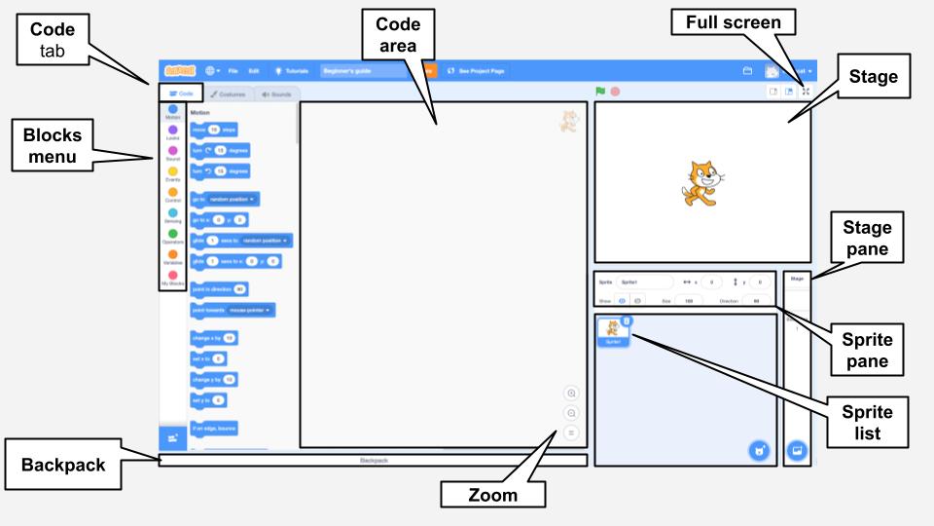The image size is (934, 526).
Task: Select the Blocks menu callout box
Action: (x=54, y=144)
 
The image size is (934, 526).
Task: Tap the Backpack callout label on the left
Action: (x=62, y=465)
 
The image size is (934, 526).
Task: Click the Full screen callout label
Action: (x=732, y=22)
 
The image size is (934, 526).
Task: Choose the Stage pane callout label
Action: (x=867, y=239)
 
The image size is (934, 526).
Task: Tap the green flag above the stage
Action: (x=600, y=92)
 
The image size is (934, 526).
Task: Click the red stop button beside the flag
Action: (x=615, y=92)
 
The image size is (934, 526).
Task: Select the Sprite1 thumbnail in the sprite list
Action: (x=613, y=331)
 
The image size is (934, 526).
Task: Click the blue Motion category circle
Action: (x=172, y=109)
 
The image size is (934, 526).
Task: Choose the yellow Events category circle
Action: (x=172, y=171)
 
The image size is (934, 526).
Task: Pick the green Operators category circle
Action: (x=172, y=234)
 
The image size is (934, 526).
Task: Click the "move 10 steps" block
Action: (x=214, y=129)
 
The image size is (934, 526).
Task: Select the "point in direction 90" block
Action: (x=219, y=289)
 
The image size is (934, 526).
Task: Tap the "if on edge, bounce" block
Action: (x=214, y=428)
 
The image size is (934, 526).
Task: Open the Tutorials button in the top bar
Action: (x=291, y=71)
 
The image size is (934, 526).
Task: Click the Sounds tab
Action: (x=277, y=94)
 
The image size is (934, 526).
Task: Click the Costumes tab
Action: (x=228, y=94)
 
